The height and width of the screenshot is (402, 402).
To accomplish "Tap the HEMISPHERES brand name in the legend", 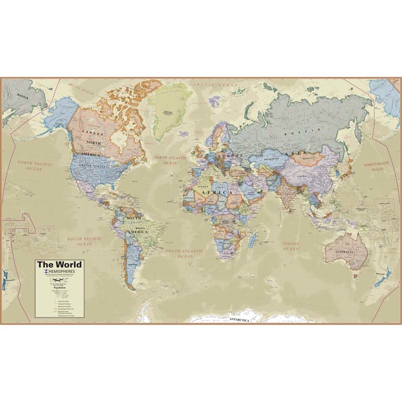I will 62,272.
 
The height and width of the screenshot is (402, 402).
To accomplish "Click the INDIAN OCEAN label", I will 290,245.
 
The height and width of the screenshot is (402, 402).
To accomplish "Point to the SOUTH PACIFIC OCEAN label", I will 84,242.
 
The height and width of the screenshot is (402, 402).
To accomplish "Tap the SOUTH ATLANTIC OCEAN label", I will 185,253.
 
